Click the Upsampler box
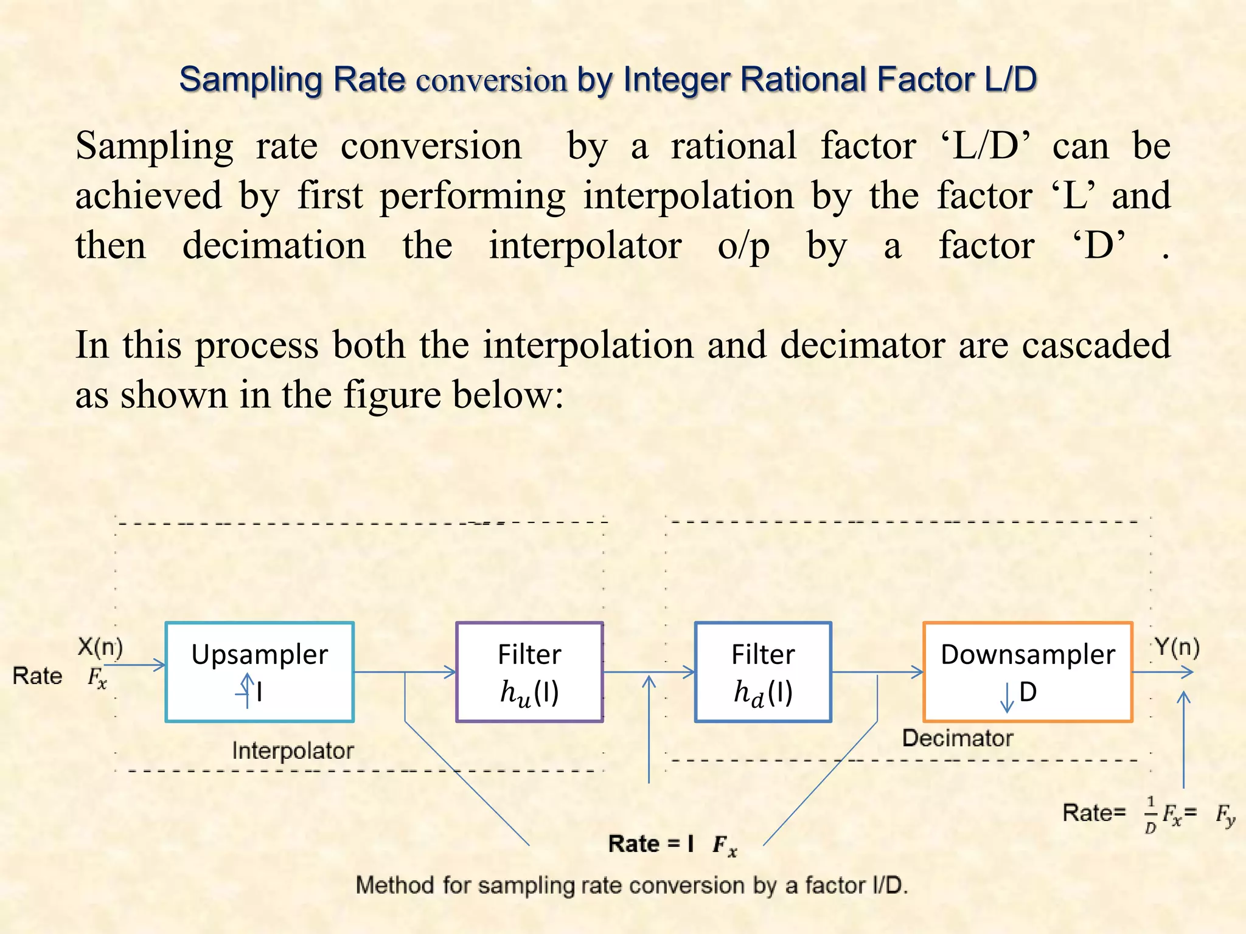tap(260, 671)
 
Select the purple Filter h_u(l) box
tap(529, 671)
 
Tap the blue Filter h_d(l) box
tap(763, 671)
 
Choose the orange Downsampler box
tap(1028, 671)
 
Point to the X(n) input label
tap(100, 647)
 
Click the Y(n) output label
tap(1177, 648)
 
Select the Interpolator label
tap(293, 751)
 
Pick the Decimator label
tap(958, 738)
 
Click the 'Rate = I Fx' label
tap(672, 844)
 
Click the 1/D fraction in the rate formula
tap(1150, 815)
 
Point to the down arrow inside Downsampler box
tap(1007, 697)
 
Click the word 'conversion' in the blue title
tap(492, 80)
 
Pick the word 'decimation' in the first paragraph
tap(274, 246)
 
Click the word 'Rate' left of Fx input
tap(38, 676)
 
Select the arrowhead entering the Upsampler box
tap(159, 665)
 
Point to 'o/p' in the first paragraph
tap(743, 247)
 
